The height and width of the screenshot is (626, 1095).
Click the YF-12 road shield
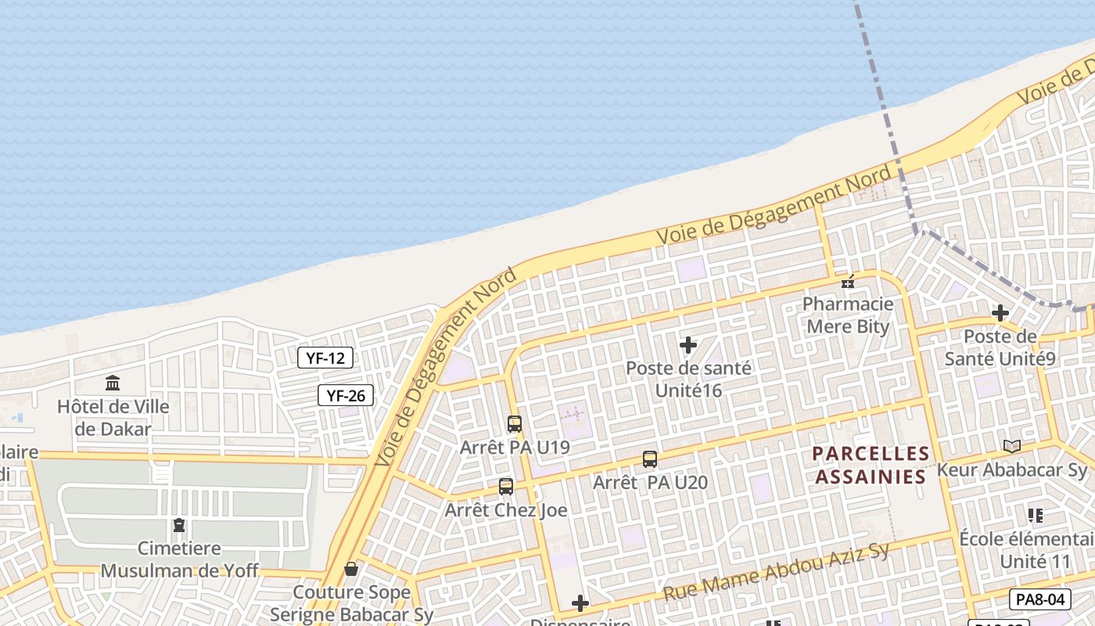coord(325,358)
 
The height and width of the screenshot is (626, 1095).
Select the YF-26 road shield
coord(346,396)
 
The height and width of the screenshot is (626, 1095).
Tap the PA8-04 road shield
coord(1039,600)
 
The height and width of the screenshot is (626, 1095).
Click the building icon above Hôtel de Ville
coord(113,383)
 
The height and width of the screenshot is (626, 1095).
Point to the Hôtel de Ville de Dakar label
coord(113,418)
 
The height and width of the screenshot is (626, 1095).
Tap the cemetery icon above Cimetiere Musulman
coord(179,525)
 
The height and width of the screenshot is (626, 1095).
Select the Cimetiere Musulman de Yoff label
coord(179,559)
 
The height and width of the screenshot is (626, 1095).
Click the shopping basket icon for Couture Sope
coord(351,568)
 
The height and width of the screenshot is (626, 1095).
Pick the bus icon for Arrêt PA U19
coord(515,424)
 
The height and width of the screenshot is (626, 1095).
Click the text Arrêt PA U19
coord(515,448)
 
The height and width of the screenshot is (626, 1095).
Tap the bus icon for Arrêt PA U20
coord(650,459)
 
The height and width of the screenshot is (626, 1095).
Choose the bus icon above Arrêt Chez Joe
coord(506,487)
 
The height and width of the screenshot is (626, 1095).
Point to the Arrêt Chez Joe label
coord(506,511)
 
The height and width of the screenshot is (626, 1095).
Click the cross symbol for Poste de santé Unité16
coord(688,345)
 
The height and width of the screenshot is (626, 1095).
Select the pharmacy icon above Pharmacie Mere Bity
coord(848,282)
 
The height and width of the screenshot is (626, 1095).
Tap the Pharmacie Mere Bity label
coord(848,315)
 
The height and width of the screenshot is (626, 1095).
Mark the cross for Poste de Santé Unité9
coord(1000,314)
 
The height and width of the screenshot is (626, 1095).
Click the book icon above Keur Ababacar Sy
coord(1012,446)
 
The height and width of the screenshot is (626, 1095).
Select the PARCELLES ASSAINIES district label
coord(871,465)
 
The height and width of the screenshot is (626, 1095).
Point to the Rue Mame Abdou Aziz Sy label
coord(777,573)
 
